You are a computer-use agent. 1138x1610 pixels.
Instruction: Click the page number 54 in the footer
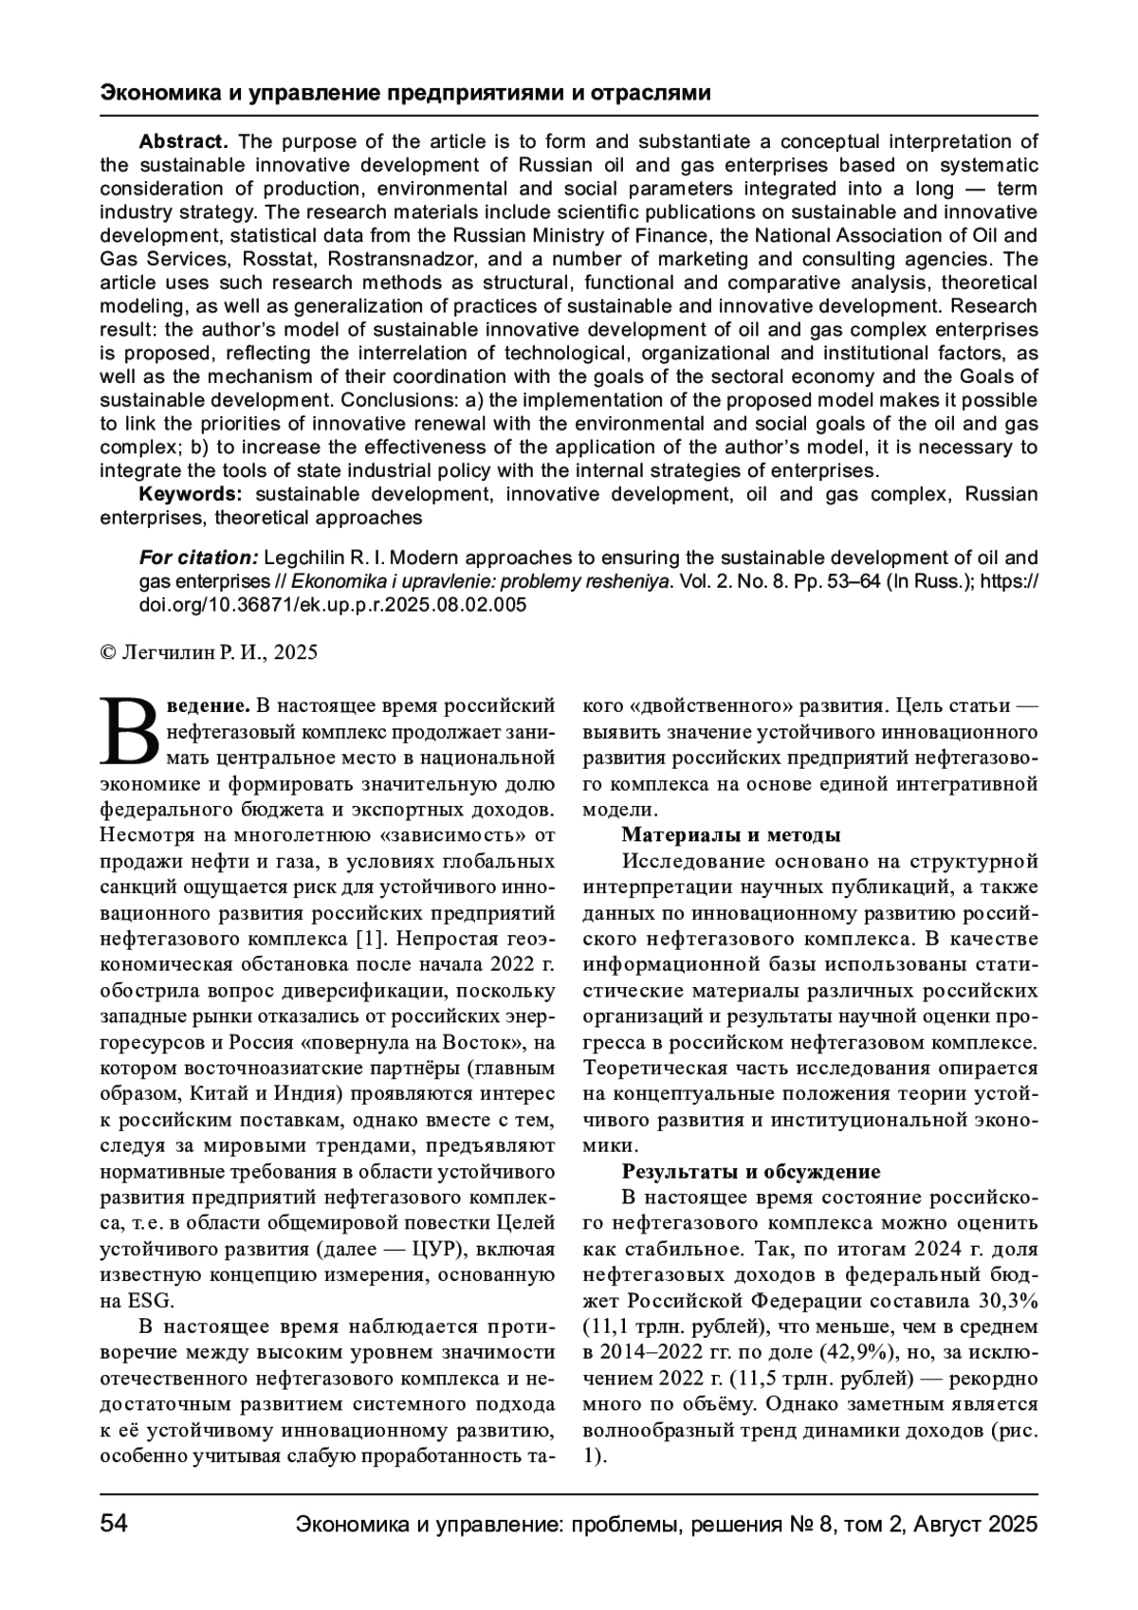pos(114,1524)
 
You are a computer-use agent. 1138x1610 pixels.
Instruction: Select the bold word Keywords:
pos(192,494)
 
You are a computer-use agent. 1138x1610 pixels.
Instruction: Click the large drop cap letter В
pos(130,730)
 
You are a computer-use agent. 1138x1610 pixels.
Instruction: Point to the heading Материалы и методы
pos(731,835)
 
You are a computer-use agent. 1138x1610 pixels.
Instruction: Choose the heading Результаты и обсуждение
pos(751,1171)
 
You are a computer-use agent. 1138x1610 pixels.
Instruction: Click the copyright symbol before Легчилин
pos(107,652)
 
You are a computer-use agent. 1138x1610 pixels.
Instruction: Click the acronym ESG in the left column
pos(150,1300)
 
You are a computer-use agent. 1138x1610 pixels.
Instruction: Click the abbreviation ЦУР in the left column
pos(425,1248)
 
